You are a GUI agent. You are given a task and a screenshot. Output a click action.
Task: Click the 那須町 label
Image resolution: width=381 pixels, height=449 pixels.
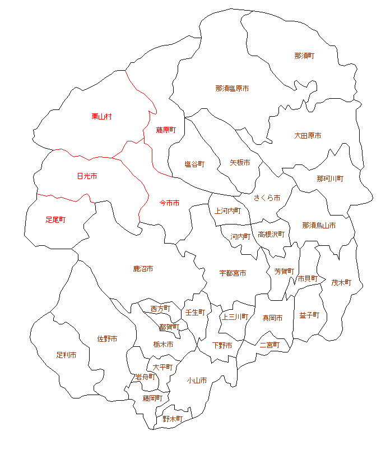(304, 56)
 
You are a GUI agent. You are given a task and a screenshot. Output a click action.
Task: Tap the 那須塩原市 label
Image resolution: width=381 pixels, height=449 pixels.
(232, 89)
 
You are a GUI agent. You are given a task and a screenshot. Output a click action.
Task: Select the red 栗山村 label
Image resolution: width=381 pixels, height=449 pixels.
(102, 116)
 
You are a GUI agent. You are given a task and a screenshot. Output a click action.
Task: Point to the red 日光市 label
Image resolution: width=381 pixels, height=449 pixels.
(87, 176)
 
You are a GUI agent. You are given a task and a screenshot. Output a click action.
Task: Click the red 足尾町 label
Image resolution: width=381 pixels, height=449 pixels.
(55, 219)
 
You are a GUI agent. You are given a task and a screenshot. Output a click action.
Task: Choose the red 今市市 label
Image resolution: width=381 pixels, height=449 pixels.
(170, 202)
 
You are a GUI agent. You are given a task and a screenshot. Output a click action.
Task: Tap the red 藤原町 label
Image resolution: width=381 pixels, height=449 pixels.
(166, 130)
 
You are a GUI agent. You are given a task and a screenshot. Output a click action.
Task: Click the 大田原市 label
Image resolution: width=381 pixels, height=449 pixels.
(308, 136)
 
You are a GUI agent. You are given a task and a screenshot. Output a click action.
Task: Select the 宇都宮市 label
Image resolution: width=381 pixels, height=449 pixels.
(233, 273)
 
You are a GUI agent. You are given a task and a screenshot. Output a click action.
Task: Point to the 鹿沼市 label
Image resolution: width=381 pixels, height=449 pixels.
(143, 269)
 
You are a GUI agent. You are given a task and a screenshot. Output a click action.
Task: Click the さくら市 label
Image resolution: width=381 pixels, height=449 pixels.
(267, 198)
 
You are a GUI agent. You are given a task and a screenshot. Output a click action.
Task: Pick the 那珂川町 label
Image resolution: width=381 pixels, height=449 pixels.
(330, 178)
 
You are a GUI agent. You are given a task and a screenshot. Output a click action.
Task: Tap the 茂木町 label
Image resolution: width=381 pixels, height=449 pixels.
(341, 282)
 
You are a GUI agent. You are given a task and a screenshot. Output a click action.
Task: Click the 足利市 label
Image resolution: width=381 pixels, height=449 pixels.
(66, 355)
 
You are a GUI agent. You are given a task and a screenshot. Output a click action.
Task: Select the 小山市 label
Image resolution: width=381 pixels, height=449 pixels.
(197, 381)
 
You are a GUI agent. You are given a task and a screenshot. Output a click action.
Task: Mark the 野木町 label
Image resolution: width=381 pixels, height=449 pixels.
(173, 419)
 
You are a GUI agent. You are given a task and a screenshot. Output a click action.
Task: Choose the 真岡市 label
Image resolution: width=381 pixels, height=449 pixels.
(273, 318)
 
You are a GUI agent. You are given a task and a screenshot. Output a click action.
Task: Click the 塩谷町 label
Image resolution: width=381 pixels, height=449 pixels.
(194, 164)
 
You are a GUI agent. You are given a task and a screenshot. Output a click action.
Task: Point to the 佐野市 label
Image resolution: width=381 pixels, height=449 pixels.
(107, 338)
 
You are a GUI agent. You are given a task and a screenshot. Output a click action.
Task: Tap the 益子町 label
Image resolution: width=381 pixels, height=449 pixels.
(309, 315)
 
